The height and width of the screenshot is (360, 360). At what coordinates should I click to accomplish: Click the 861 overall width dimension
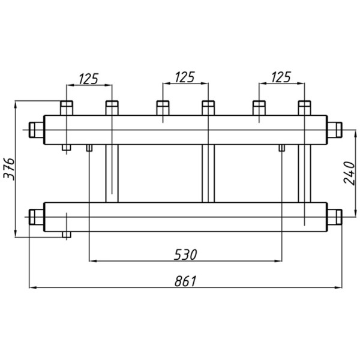click(185, 281)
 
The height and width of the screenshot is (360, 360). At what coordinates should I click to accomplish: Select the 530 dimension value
click(185, 254)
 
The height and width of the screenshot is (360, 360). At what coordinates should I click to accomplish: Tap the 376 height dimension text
click(9, 169)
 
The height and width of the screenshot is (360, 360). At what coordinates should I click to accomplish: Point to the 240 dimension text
click(349, 173)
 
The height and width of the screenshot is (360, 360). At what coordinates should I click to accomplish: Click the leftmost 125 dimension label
click(89, 79)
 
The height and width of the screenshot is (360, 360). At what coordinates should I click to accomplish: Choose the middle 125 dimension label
click(185, 77)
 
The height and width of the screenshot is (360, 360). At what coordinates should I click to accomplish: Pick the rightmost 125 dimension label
click(281, 77)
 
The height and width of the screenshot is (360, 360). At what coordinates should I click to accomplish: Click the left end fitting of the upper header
click(37, 130)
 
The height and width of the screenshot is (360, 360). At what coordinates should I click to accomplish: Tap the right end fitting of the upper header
click(335, 130)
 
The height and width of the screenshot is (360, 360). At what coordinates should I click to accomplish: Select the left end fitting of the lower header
click(37, 217)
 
